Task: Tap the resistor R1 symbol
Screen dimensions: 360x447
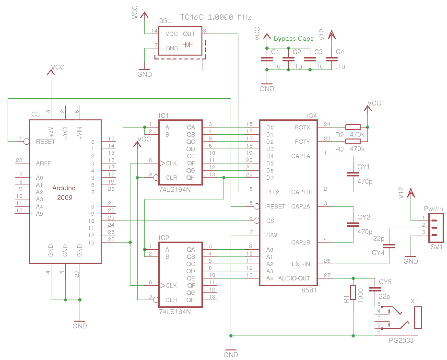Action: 353,292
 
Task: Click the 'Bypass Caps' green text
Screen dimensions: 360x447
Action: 294,39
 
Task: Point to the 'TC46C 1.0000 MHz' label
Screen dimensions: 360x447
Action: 215,17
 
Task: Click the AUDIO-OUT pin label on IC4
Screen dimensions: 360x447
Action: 294,279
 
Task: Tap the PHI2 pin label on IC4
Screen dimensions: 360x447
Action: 272,192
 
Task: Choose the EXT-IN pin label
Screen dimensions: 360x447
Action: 301,264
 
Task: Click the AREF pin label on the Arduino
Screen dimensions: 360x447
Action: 43,163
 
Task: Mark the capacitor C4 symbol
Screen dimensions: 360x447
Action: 331,60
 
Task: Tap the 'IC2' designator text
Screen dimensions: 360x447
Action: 164,238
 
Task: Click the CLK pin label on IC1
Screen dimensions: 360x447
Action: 171,163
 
